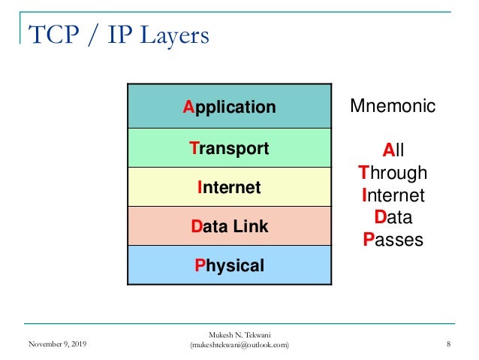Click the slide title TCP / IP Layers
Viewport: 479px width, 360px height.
pyautogui.click(x=119, y=34)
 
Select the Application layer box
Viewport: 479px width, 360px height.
pyautogui.click(x=229, y=107)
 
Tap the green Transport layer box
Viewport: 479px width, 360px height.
pyautogui.click(x=229, y=148)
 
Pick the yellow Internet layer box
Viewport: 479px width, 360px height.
pyautogui.click(x=229, y=187)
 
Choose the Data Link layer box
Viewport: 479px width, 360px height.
pyautogui.click(x=229, y=225)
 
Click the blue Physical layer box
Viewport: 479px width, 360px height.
pyautogui.click(x=229, y=265)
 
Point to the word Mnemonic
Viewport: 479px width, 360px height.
pyautogui.click(x=393, y=107)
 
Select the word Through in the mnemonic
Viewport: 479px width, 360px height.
pyautogui.click(x=393, y=172)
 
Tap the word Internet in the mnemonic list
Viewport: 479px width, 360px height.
pyautogui.click(x=393, y=195)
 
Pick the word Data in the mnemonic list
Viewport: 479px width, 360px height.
pyautogui.click(x=393, y=218)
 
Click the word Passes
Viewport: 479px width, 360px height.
pyautogui.click(x=393, y=241)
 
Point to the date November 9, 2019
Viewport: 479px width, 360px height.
pyautogui.click(x=57, y=344)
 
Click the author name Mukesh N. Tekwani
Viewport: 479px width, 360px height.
pyautogui.click(x=239, y=334)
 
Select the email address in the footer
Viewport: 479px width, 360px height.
pyautogui.click(x=239, y=345)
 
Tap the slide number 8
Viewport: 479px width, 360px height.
pyautogui.click(x=448, y=344)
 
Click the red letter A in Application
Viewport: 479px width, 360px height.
pyautogui.click(x=188, y=107)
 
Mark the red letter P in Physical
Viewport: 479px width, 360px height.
pyautogui.click(x=199, y=265)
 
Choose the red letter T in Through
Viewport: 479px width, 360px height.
pyautogui.click(x=363, y=172)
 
